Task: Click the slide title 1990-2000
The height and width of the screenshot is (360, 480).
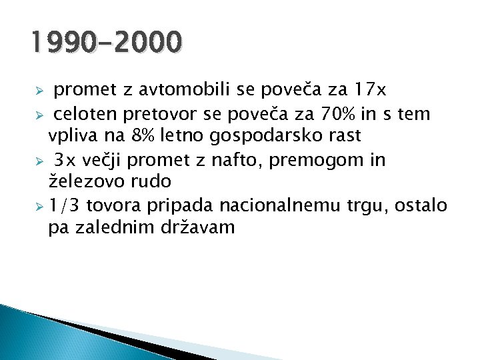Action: (x=105, y=43)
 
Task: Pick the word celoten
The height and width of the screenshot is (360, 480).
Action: (x=82, y=115)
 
